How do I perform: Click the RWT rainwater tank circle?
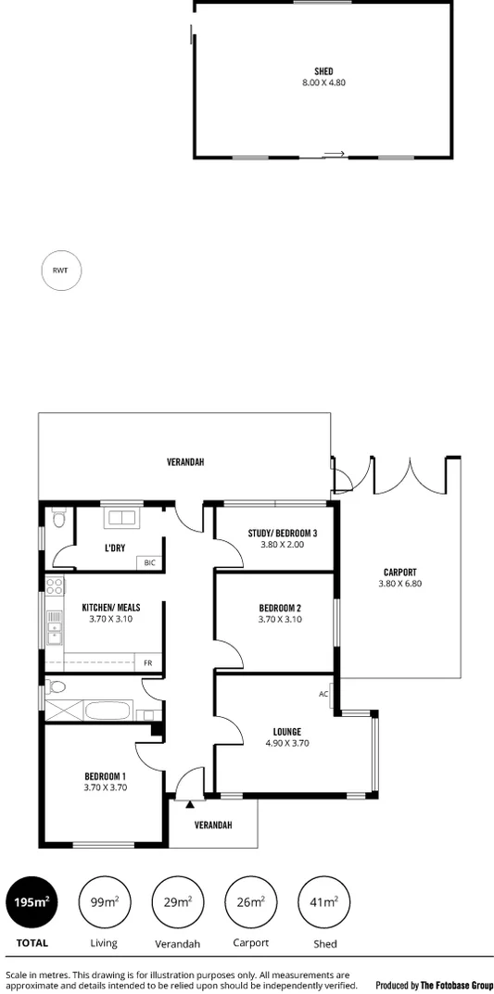coord(61,271)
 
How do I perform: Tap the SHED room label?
coord(323,71)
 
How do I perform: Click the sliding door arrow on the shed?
coord(335,154)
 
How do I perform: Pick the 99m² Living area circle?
coord(104,901)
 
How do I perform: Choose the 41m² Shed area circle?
coord(323,901)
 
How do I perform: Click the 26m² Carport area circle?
coord(250,901)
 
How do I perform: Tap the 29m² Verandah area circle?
coord(177,901)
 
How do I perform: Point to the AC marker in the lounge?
coord(323,693)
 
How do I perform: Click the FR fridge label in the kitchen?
coord(147,663)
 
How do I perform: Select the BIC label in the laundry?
coord(149,562)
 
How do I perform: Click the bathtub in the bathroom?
coord(110,712)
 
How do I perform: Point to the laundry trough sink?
coord(121,517)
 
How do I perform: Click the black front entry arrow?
coord(190,804)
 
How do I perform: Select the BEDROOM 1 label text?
coord(105,776)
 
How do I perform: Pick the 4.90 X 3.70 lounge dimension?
coord(286,743)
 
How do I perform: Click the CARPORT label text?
coord(399,572)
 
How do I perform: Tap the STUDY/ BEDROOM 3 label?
coord(283,533)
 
